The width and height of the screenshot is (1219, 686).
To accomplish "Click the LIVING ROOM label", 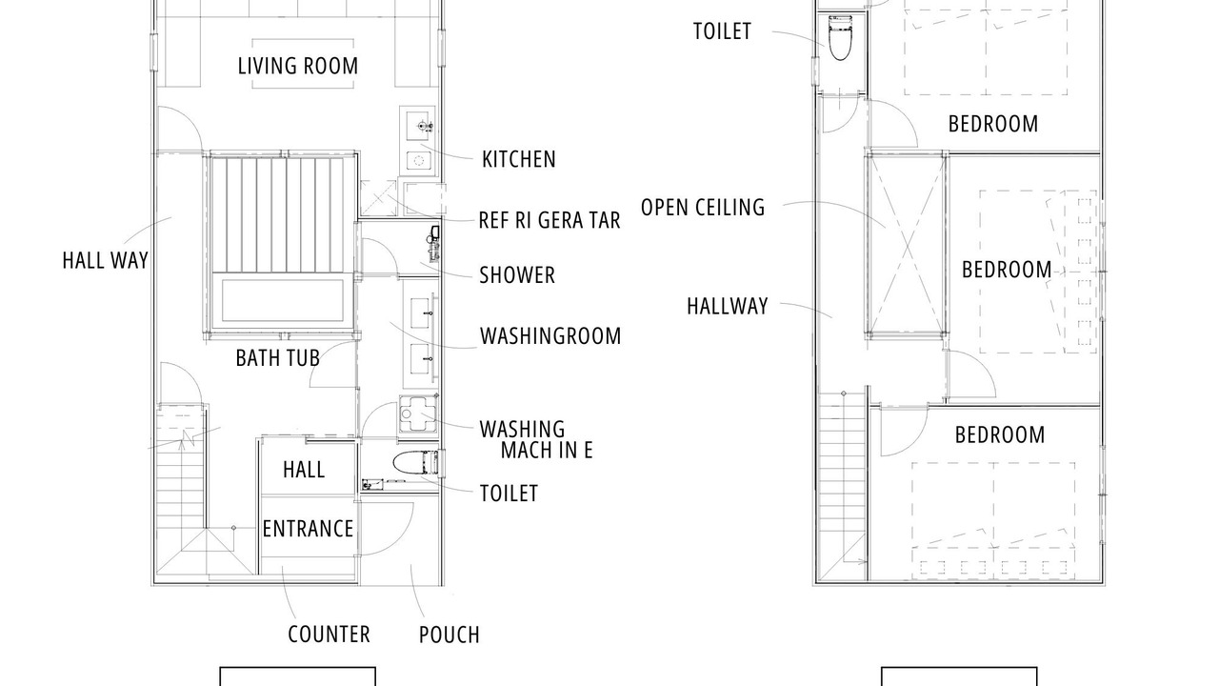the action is pyautogui.click(x=298, y=66).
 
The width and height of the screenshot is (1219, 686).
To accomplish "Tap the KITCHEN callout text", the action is pyautogui.click(x=519, y=159).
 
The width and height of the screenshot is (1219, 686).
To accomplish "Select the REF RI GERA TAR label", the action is pyautogui.click(x=550, y=220).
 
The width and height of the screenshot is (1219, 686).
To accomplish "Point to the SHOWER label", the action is pyautogui.click(x=517, y=275).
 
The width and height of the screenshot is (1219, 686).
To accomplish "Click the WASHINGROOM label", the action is pyautogui.click(x=550, y=336).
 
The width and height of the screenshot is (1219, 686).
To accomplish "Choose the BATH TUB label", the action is pyautogui.click(x=277, y=358).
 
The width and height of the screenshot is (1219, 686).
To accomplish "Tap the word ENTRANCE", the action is pyautogui.click(x=308, y=529).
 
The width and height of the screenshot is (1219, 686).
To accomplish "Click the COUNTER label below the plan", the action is pyautogui.click(x=329, y=635).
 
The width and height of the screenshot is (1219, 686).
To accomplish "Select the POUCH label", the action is pyautogui.click(x=449, y=635).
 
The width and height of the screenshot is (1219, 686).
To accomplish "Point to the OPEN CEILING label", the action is pyautogui.click(x=703, y=208).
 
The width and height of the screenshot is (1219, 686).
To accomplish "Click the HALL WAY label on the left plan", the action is pyautogui.click(x=105, y=260).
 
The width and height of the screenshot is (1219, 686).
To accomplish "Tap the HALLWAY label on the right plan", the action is pyautogui.click(x=727, y=306).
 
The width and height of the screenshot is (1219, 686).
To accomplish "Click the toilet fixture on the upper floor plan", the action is pyautogui.click(x=840, y=37).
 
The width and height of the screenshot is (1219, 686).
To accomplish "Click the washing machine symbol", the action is pyautogui.click(x=418, y=414).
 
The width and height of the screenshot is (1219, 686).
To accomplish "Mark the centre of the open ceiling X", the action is pyautogui.click(x=906, y=247).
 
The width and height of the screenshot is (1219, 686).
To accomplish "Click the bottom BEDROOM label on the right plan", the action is pyautogui.click(x=1000, y=435).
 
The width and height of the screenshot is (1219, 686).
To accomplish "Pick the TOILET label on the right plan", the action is pyautogui.click(x=722, y=31).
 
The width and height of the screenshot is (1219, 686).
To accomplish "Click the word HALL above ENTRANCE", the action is pyautogui.click(x=304, y=470).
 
